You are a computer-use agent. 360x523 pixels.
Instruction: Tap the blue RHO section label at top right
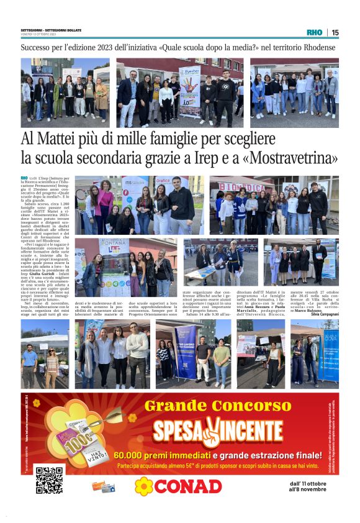pyautogui.click(x=315, y=32)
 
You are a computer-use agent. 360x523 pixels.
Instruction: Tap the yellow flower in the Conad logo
pyautogui.click(x=144, y=486)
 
